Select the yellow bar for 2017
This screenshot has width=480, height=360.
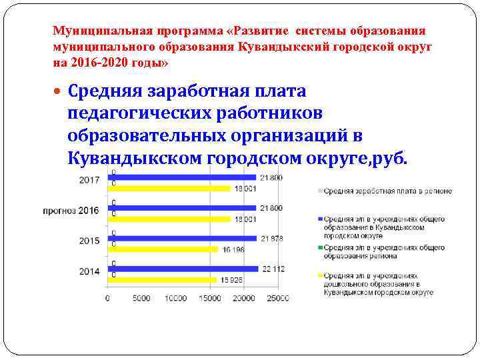click(x=170, y=189)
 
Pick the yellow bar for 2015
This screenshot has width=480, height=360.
click(x=163, y=249)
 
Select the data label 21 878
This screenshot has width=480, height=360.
click(x=272, y=238)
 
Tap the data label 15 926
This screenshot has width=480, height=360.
click(x=232, y=280)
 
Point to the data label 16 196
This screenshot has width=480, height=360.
click(x=233, y=249)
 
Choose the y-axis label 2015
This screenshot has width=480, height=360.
click(x=89, y=241)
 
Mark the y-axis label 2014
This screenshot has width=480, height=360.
click(x=89, y=271)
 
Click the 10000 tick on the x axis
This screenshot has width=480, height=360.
click(x=175, y=298)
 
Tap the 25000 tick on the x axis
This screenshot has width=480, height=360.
click(x=279, y=298)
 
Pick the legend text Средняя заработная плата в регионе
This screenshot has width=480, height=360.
click(x=387, y=191)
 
